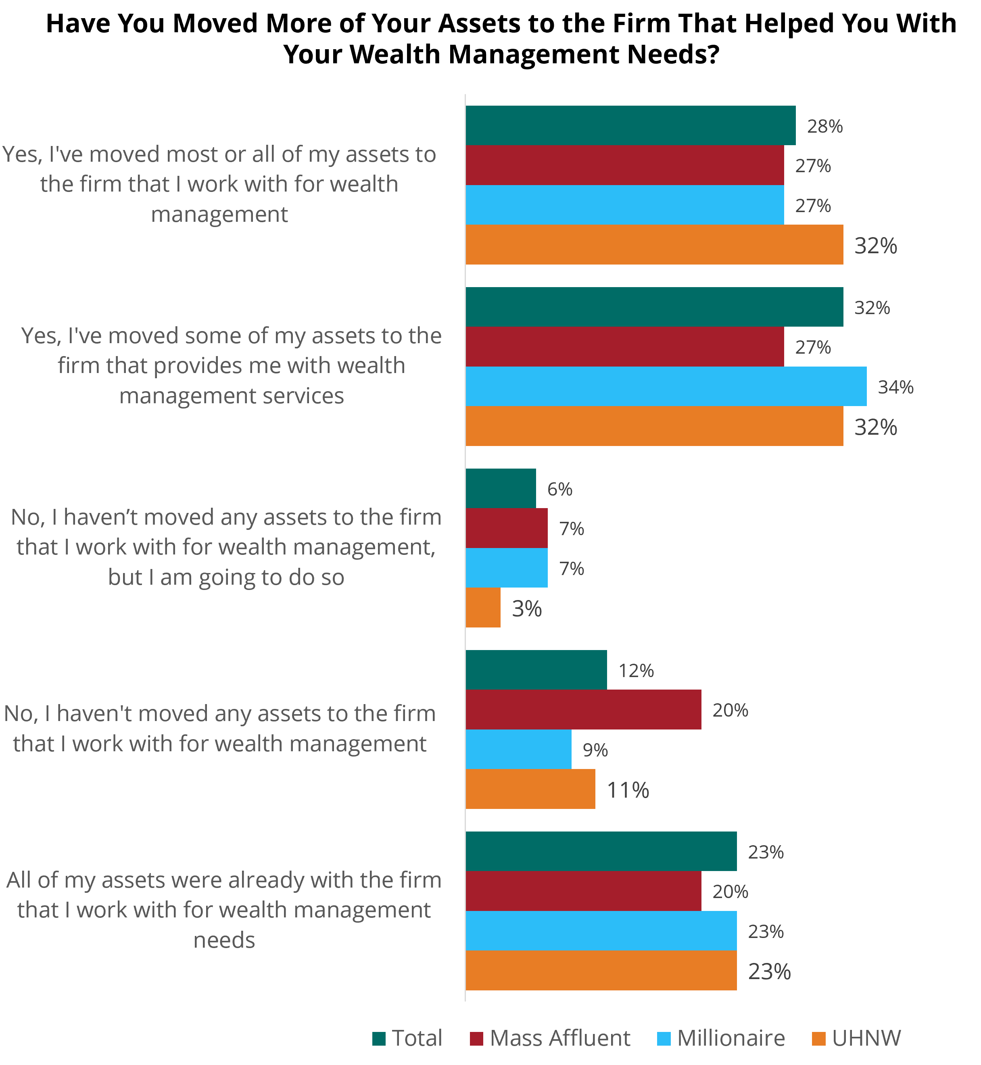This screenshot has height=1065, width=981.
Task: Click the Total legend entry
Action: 407,1038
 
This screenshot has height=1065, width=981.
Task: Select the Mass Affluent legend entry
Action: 550,1038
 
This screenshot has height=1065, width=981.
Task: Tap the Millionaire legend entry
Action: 721,1038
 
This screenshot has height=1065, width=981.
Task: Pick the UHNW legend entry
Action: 856,1038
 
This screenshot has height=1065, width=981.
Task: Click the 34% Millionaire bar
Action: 666,386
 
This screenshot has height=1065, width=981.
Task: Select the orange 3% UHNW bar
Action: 483,608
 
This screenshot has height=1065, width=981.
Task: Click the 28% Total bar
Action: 630,125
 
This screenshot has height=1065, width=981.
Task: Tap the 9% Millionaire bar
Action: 519,749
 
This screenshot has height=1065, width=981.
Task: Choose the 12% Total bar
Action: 536,670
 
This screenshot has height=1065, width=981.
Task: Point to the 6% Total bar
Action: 501,488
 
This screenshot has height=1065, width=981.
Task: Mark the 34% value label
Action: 896,388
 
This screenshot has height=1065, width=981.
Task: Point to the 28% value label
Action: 825,126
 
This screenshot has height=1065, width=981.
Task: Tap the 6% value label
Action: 560,489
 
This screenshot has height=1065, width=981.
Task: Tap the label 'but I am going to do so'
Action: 226,577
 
